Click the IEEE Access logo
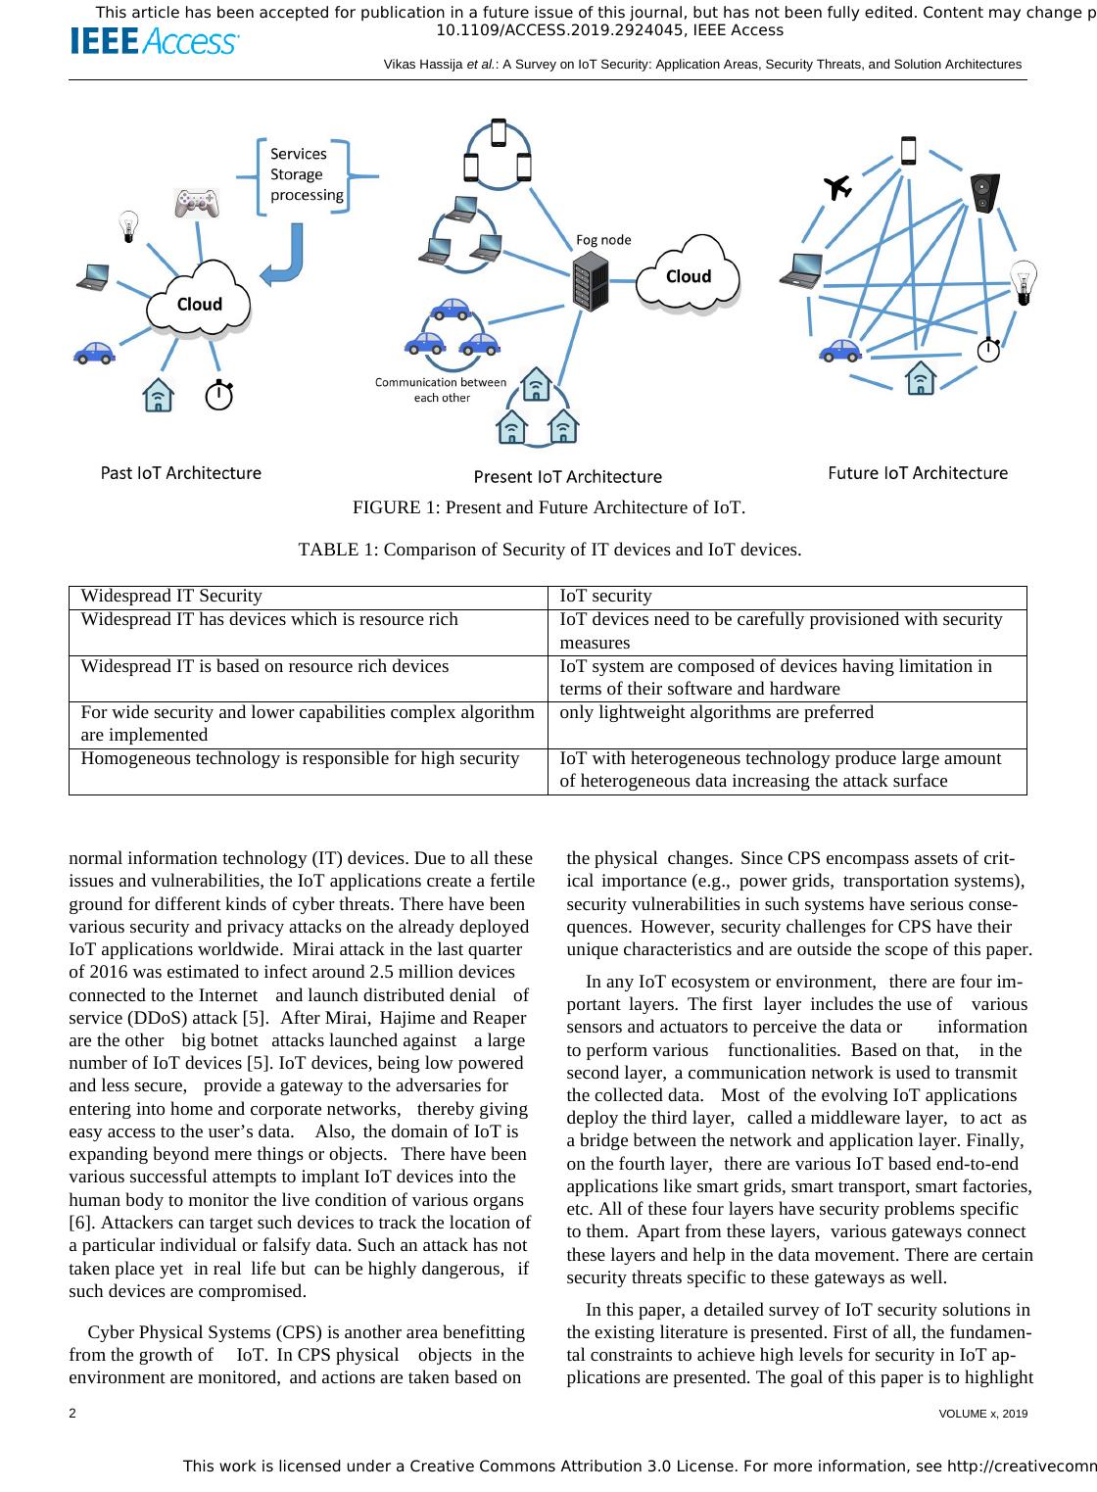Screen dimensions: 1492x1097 coord(154,42)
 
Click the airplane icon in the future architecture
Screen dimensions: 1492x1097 coord(837,187)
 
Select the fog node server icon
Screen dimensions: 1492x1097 coord(590,281)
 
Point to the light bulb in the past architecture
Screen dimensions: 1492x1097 coord(127,226)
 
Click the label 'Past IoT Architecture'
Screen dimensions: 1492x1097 coord(181,473)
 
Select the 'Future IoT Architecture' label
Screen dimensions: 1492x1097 coord(918,473)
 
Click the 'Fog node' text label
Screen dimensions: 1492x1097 coord(603,240)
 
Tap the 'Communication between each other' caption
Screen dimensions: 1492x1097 coord(441,390)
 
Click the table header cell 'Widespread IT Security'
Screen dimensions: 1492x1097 coord(171,596)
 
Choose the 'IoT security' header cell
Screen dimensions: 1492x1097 coord(605,596)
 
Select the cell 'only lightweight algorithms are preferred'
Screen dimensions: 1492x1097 coord(716,712)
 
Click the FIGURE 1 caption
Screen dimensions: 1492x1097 coord(548,508)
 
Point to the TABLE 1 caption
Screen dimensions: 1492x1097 coord(549,550)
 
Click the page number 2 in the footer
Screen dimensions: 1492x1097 coord(73,1414)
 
